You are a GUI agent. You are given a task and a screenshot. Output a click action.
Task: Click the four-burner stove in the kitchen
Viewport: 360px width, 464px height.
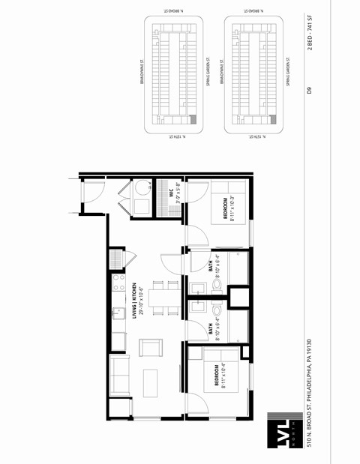coord(117,282)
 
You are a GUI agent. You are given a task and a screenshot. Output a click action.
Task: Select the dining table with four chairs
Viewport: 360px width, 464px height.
coord(160,297)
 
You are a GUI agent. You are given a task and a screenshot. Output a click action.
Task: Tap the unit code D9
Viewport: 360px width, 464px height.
coord(309,90)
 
